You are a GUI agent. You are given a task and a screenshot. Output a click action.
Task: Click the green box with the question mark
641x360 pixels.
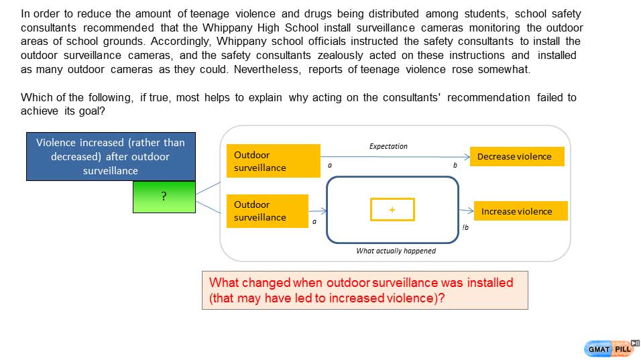click(164, 196)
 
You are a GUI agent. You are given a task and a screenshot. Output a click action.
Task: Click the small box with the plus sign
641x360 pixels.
click(392, 210)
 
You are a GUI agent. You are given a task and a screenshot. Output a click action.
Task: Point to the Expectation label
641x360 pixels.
click(388, 146)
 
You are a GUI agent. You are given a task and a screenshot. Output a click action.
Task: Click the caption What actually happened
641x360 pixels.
click(396, 251)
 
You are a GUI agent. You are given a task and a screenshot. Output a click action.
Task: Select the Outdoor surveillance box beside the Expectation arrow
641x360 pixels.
click(273, 161)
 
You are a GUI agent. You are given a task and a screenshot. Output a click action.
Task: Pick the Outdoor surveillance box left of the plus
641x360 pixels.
click(267, 211)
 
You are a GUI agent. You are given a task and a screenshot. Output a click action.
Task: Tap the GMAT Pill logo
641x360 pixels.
click(611, 349)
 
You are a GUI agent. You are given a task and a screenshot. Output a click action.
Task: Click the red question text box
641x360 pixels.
click(365, 290)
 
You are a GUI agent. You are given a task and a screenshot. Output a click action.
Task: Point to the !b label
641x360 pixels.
click(465, 228)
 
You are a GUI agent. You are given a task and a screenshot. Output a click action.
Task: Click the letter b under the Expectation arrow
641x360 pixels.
click(455, 164)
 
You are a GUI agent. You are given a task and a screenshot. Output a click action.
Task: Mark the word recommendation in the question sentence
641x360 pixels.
click(488, 98)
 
